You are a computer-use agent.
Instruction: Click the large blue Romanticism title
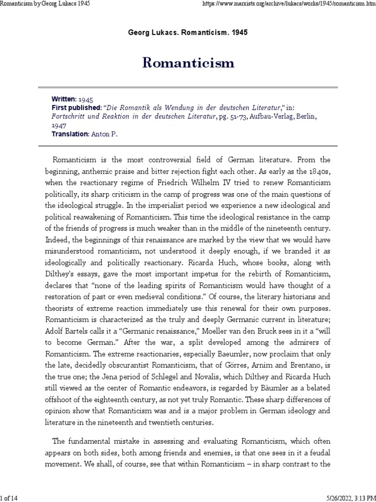tap(188, 63)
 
